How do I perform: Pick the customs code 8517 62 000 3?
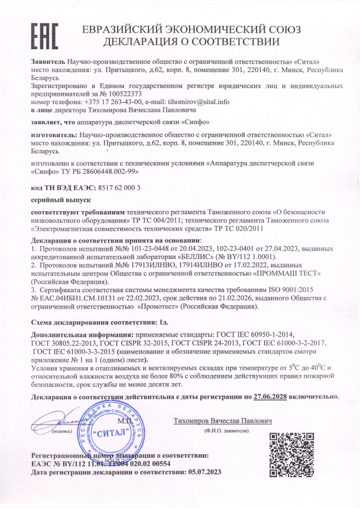click(x=114, y=187)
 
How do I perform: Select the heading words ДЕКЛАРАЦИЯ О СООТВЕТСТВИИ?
click(x=192, y=42)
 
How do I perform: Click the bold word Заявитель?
click(x=48, y=62)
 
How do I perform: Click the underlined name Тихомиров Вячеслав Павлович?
click(x=223, y=421)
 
